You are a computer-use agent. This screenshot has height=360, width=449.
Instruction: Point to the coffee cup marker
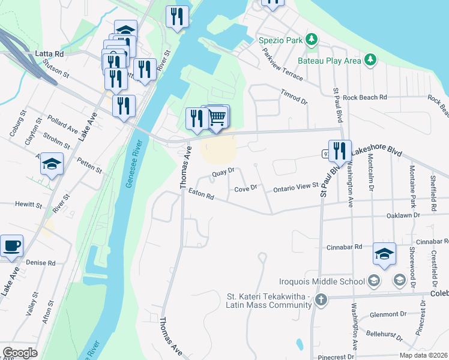(x=11, y=246)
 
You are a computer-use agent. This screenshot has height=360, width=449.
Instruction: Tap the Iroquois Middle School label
(x=322, y=281)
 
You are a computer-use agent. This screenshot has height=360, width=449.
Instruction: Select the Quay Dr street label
(x=221, y=175)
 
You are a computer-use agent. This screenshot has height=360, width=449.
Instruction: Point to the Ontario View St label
(x=295, y=188)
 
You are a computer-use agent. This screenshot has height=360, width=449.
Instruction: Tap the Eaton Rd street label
(x=201, y=195)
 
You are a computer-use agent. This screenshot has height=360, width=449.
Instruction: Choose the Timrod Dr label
(x=294, y=97)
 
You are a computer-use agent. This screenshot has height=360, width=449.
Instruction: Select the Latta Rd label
(x=49, y=54)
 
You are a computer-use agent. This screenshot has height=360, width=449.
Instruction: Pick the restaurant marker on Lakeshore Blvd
(x=340, y=151)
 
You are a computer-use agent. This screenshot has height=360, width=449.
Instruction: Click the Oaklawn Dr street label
(x=403, y=214)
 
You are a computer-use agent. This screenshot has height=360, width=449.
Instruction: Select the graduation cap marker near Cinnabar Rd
(x=384, y=254)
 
